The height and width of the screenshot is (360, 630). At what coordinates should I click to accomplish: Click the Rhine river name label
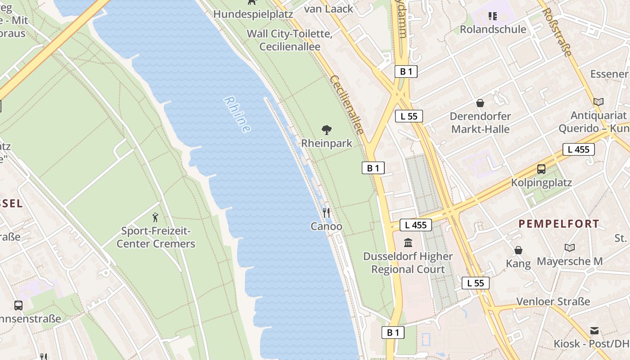coord(237,115)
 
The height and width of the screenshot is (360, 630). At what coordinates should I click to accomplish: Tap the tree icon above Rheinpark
coord(327,130)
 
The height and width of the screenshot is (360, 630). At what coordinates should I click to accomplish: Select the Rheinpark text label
coord(327,143)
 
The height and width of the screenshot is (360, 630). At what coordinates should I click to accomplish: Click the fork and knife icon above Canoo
coord(326,213)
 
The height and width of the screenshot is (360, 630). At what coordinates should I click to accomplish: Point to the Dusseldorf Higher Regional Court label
coord(408,263)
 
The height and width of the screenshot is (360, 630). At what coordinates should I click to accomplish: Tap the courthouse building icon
coord(408,243)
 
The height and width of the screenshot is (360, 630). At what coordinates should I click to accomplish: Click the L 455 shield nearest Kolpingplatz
coord(578,149)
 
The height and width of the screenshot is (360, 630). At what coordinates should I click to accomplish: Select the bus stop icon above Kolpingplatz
coord(541,169)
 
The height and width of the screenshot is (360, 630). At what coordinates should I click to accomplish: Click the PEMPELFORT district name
coord(559,224)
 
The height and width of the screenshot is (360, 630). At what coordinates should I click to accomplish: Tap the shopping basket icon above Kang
coord(518,250)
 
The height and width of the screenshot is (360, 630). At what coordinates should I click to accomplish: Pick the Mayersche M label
coord(570,261)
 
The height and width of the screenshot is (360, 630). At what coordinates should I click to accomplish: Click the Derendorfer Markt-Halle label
coord(481,123)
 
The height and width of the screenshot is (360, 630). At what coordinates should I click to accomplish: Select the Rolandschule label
coord(493,29)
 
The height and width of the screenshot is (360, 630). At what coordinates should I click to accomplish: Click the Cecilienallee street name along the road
coord(346,105)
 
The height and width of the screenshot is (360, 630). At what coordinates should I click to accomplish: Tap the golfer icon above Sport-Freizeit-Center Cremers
coord(156,217)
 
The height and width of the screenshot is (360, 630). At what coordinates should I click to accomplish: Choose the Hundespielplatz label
coord(253,14)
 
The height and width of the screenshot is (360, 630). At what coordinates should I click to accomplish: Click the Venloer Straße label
coord(553,301)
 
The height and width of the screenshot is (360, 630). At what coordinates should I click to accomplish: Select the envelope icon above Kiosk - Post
coord(594,331)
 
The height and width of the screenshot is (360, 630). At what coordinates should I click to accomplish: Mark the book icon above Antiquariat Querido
coord(598,102)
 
